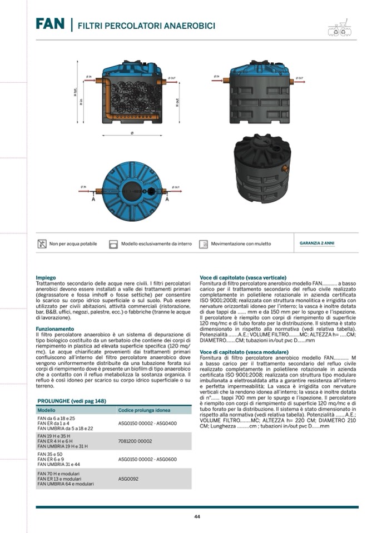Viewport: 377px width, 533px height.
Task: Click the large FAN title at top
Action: click(51, 24)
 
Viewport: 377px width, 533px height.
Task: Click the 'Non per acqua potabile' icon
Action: click(42, 243)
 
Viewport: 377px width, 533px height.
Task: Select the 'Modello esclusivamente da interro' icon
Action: click(113, 243)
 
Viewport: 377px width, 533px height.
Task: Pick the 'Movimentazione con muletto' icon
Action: click(204, 243)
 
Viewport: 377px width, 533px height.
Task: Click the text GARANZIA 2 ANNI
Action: click(317, 243)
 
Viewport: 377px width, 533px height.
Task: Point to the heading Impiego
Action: click(46, 277)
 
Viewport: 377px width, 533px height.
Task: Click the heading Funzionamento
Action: click(54, 328)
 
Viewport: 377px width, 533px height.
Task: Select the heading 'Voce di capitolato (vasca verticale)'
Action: click(243, 277)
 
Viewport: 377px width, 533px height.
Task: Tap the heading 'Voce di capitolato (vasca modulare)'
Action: click(244, 352)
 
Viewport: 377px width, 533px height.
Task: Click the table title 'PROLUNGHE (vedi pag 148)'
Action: click(72, 401)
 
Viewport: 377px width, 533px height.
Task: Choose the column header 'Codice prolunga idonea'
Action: click(144, 410)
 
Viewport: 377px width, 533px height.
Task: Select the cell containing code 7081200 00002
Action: click(135, 441)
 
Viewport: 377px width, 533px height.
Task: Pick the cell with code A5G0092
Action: click(128, 478)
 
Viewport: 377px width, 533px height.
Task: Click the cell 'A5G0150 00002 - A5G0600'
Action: click(147, 460)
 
